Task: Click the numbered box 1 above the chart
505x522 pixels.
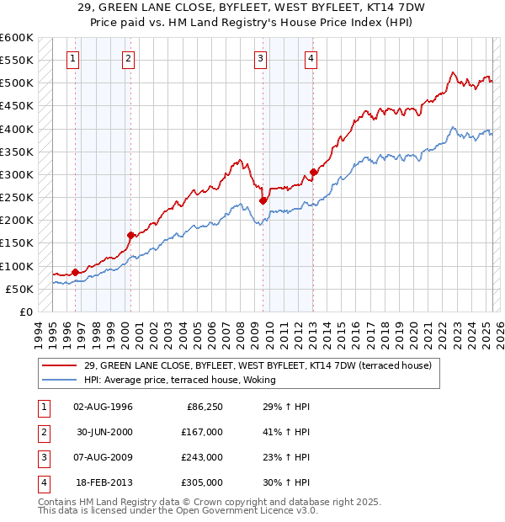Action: click(x=73, y=59)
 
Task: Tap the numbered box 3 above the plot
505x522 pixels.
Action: click(x=261, y=59)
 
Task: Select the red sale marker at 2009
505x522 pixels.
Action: click(x=263, y=200)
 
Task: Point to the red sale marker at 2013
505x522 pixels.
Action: click(x=313, y=173)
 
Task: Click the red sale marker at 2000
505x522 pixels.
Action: click(x=130, y=235)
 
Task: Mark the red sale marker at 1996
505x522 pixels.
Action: click(x=75, y=272)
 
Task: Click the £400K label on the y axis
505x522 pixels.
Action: click(x=17, y=129)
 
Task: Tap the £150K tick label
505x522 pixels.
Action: click(x=17, y=243)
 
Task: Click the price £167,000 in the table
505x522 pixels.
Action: click(x=202, y=432)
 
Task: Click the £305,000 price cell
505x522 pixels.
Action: click(x=202, y=482)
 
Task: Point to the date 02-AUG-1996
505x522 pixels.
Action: click(x=104, y=407)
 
